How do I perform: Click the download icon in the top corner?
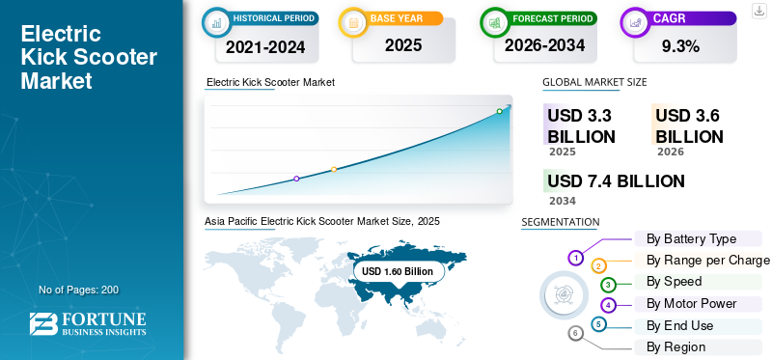(x=759, y=11)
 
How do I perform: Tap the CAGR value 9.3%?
(x=681, y=46)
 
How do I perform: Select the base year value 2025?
(x=403, y=45)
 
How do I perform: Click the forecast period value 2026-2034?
(x=544, y=45)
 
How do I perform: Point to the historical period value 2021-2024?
(x=265, y=46)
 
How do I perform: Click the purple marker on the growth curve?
(x=296, y=179)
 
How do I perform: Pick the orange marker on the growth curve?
(x=334, y=170)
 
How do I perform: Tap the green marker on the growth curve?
(x=499, y=111)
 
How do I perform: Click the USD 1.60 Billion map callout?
(x=398, y=271)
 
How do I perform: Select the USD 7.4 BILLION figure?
(x=616, y=181)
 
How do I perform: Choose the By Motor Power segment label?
(x=691, y=303)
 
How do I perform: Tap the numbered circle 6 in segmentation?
(x=575, y=334)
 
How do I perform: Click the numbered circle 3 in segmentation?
(x=608, y=284)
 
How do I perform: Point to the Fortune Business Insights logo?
(x=88, y=324)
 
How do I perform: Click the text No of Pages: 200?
(x=79, y=290)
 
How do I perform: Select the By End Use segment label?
(x=679, y=326)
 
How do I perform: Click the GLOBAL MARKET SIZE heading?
(x=594, y=82)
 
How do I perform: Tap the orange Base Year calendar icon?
(x=353, y=22)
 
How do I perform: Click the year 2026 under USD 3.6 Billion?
(x=670, y=152)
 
